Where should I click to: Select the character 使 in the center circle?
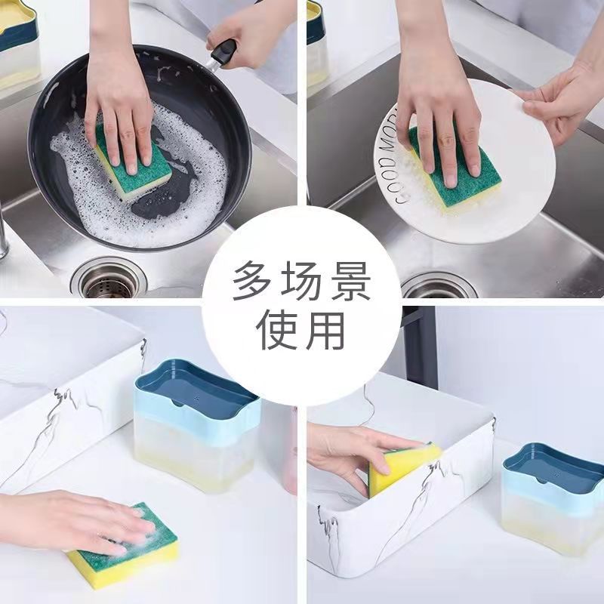[276, 330]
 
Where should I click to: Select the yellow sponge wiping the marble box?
[404, 467]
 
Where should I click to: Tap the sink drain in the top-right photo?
[439, 285]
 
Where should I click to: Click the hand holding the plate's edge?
[562, 98]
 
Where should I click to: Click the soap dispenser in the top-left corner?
[19, 45]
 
